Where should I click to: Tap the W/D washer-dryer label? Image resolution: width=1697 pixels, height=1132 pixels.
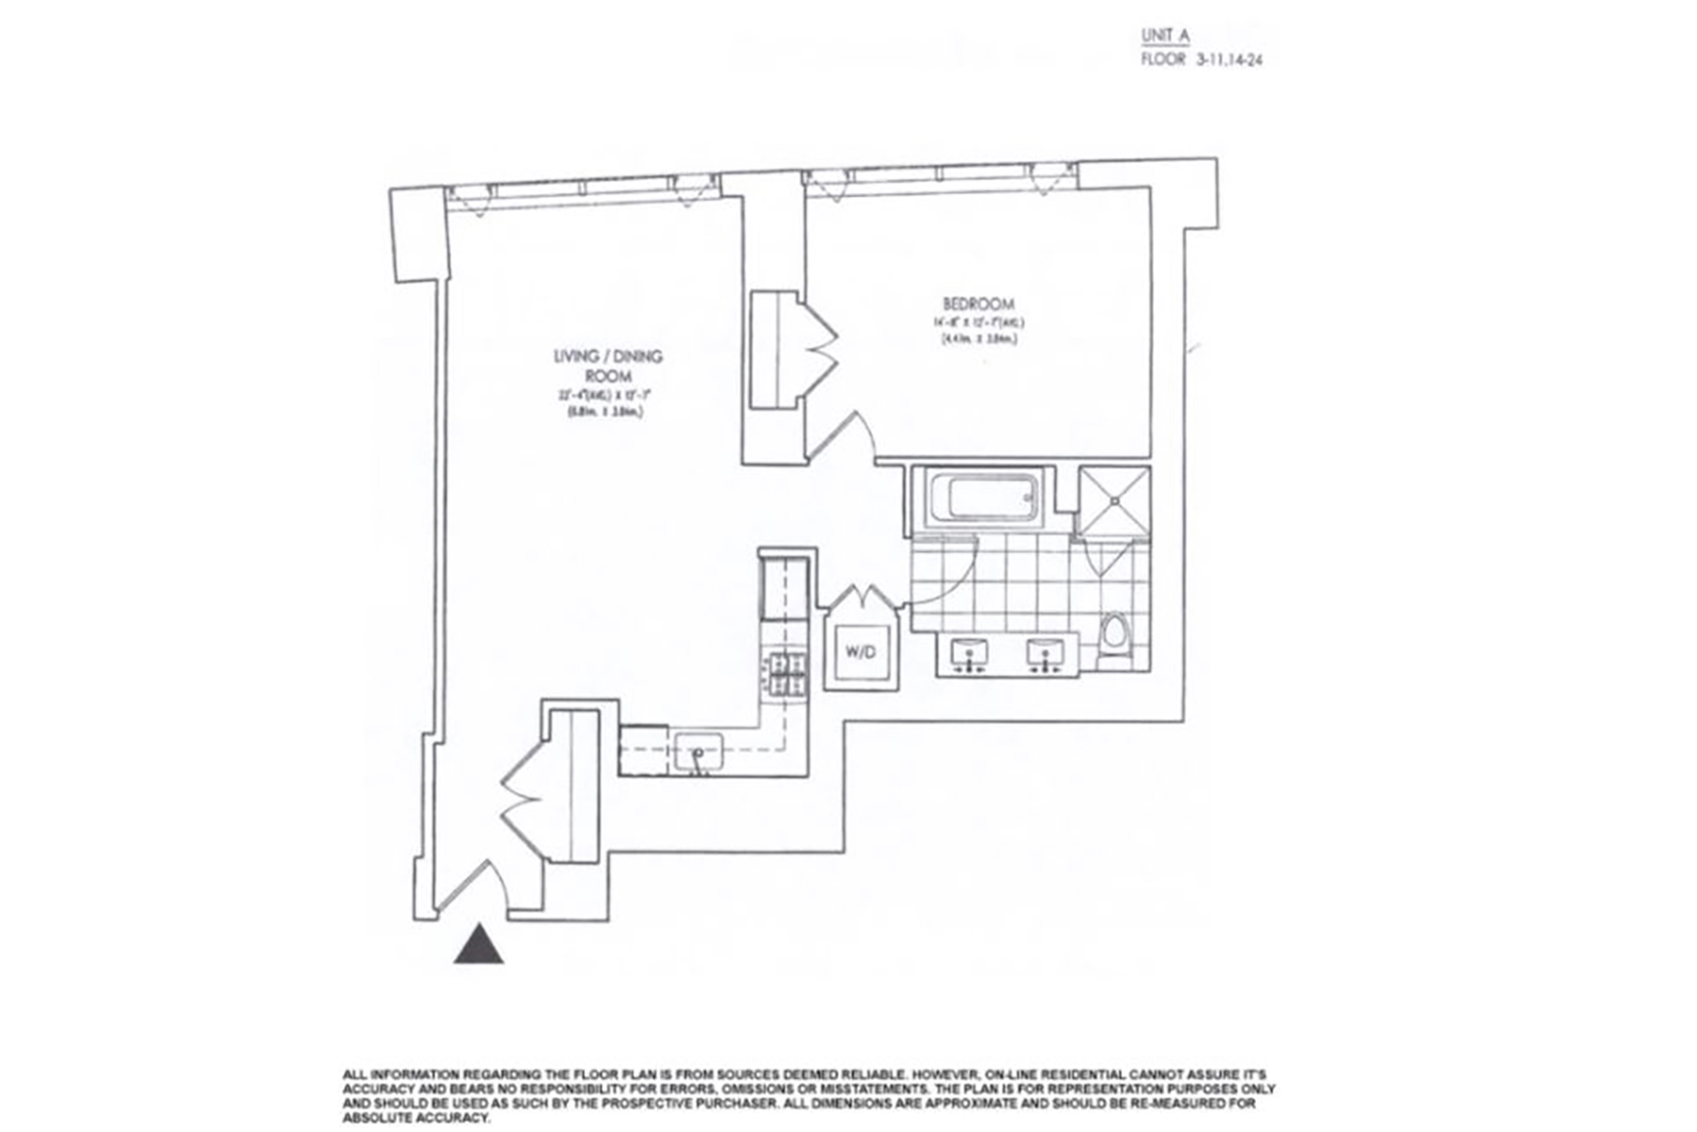861,650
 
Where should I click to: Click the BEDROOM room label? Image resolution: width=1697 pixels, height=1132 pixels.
979,304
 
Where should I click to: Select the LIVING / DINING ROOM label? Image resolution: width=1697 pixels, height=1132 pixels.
607,366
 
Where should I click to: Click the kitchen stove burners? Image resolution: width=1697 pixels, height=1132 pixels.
784,675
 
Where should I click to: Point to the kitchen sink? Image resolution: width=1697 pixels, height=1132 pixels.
698,752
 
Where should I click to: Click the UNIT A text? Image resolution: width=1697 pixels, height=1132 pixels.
1165,36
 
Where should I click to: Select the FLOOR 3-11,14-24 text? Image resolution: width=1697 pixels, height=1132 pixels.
1201,58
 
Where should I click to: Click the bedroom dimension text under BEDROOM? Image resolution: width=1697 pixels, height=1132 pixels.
978,329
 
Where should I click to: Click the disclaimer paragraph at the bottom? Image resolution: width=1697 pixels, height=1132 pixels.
801,1095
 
